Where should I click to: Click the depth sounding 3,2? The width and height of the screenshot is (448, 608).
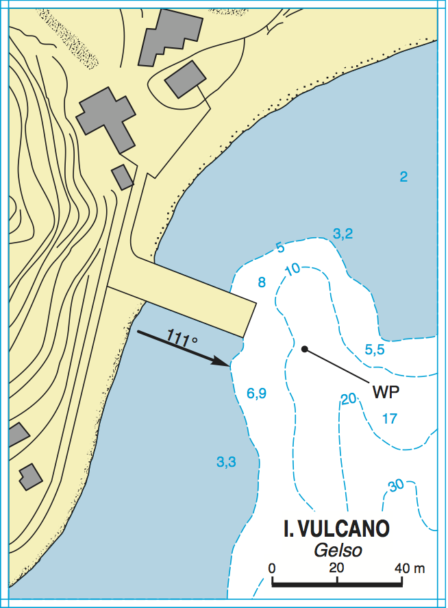point(343,234)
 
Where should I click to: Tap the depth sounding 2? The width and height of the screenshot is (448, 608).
point(403,177)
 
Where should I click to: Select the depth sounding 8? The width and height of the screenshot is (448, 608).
point(261,282)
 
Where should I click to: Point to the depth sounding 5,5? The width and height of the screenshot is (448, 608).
point(375,350)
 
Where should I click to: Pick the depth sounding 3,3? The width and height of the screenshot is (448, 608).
point(226,462)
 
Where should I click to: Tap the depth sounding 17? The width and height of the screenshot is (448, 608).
point(389,418)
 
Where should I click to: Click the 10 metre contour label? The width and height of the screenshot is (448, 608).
point(292,269)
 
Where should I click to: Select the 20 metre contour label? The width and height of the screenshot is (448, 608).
point(349,399)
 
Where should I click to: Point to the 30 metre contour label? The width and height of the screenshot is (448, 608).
point(396,486)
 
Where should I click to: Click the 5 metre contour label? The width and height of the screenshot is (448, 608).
point(279,247)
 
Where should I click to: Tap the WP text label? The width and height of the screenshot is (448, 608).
point(386,392)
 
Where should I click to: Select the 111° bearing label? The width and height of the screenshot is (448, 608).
point(182,337)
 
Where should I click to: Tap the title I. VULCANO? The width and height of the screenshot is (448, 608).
point(336,528)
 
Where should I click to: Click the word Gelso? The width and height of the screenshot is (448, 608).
point(338,550)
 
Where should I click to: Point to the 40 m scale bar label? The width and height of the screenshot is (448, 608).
point(410,568)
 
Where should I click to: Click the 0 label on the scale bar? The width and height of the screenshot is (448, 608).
point(272,568)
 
